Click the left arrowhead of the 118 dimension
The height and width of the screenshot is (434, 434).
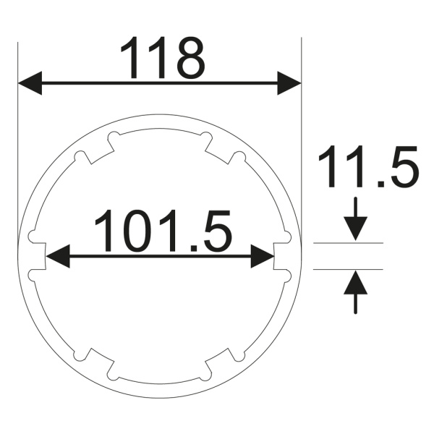[x=29, y=83]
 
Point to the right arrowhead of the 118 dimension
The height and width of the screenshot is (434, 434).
[x=289, y=83]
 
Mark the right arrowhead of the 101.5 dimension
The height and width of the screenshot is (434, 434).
[x=263, y=256]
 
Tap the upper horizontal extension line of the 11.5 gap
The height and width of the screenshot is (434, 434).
[x=347, y=243]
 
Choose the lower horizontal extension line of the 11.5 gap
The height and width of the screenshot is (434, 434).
[x=347, y=268]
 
